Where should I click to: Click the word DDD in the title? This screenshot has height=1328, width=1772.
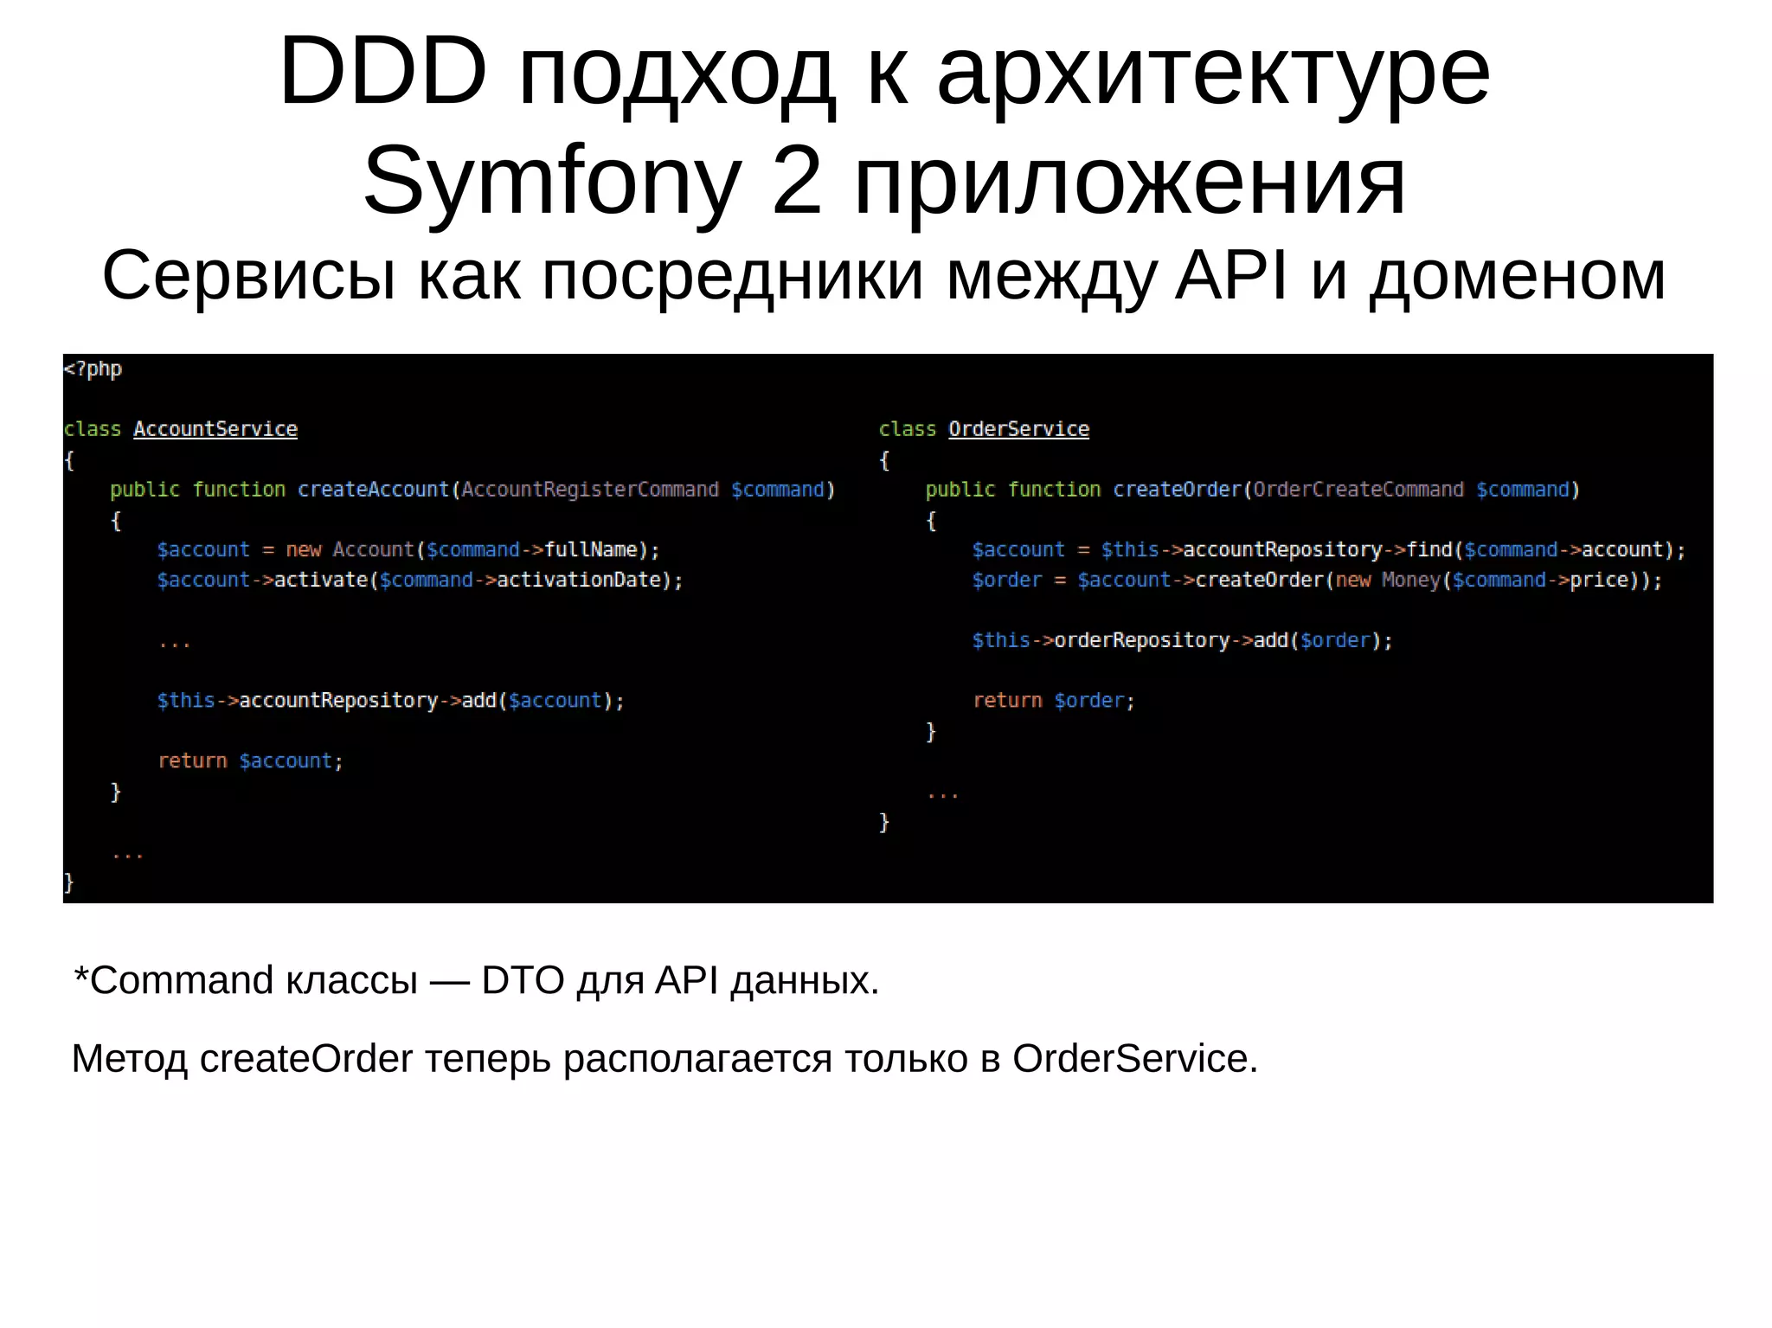pyautogui.click(x=382, y=74)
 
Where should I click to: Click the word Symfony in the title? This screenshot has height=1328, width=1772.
pyautogui.click(x=552, y=183)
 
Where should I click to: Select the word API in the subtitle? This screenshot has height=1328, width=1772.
pyautogui.click(x=1231, y=276)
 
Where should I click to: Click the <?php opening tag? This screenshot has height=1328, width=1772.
pyautogui.click(x=93, y=369)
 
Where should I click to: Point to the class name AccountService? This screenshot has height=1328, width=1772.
pyautogui.click(x=215, y=429)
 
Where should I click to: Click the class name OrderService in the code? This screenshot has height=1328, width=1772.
pyautogui.click(x=1018, y=429)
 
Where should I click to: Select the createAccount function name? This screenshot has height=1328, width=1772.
pyautogui.click(x=373, y=490)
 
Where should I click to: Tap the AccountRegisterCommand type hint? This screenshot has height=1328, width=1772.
pyautogui.click(x=589, y=490)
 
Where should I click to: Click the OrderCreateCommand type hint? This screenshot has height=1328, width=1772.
pyautogui.click(x=1358, y=490)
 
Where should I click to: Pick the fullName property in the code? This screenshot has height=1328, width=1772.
pyautogui.click(x=591, y=550)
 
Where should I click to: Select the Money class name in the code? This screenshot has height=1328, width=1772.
pyautogui.click(x=1410, y=580)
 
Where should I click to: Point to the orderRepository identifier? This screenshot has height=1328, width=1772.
pyautogui.click(x=1142, y=640)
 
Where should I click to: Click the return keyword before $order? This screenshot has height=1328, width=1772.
pyautogui.click(x=1007, y=701)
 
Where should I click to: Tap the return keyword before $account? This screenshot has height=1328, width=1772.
pyautogui.click(x=192, y=761)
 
